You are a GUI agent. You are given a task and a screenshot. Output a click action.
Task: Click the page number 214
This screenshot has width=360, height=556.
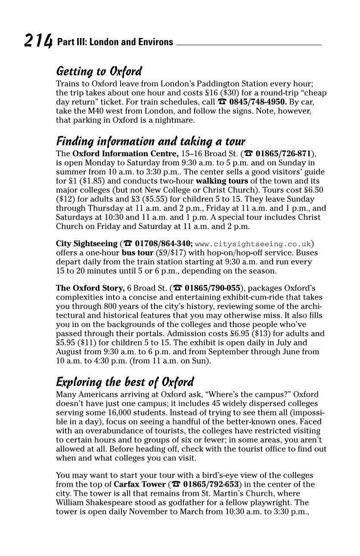pyautogui.click(x=38, y=41)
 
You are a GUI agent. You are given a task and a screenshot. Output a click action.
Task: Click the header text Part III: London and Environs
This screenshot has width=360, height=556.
pyautogui.click(x=115, y=42)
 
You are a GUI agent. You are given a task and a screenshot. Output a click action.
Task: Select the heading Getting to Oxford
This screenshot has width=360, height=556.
pyautogui.click(x=99, y=71)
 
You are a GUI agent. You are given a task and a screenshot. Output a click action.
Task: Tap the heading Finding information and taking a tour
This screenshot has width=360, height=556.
pyautogui.click(x=151, y=141)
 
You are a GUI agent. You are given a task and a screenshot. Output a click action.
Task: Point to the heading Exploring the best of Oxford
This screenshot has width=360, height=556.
pyautogui.click(x=125, y=382)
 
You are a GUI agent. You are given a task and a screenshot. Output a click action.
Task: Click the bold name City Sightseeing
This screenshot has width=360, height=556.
pyautogui.click(x=87, y=244)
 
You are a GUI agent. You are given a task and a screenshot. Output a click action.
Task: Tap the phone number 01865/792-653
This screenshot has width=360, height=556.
pyautogui.click(x=211, y=484)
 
